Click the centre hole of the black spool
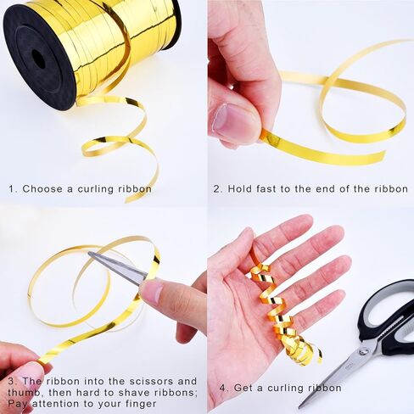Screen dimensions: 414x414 click(39, 59)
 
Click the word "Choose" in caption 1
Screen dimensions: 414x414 click(42, 188)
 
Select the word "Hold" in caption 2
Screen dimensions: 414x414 click(241, 188)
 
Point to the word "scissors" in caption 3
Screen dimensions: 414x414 click(152, 381)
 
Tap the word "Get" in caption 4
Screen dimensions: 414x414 click(243, 388)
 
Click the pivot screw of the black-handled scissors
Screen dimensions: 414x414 click(362, 352)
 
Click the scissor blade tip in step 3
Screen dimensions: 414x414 click(89, 253)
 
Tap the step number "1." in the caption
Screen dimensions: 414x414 click(14, 188)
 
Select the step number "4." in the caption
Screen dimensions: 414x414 click(224, 388)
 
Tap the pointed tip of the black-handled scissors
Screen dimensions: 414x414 click(300, 406)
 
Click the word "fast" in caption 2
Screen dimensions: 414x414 click(266, 188)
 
